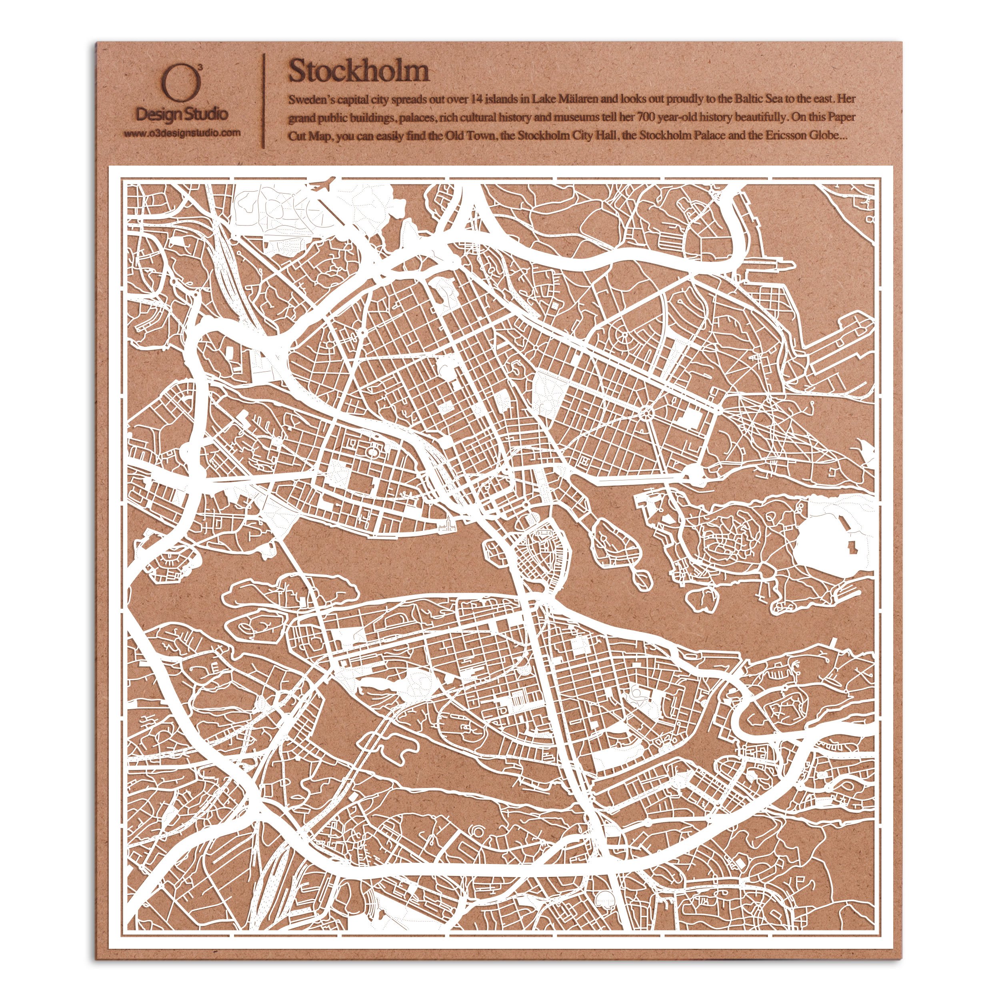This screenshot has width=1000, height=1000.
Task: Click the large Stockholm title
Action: pyautogui.click(x=358, y=71)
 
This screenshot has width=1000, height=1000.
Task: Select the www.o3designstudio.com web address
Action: pyautogui.click(x=182, y=133)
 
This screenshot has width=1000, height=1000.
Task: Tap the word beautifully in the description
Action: pyautogui.click(x=760, y=118)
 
